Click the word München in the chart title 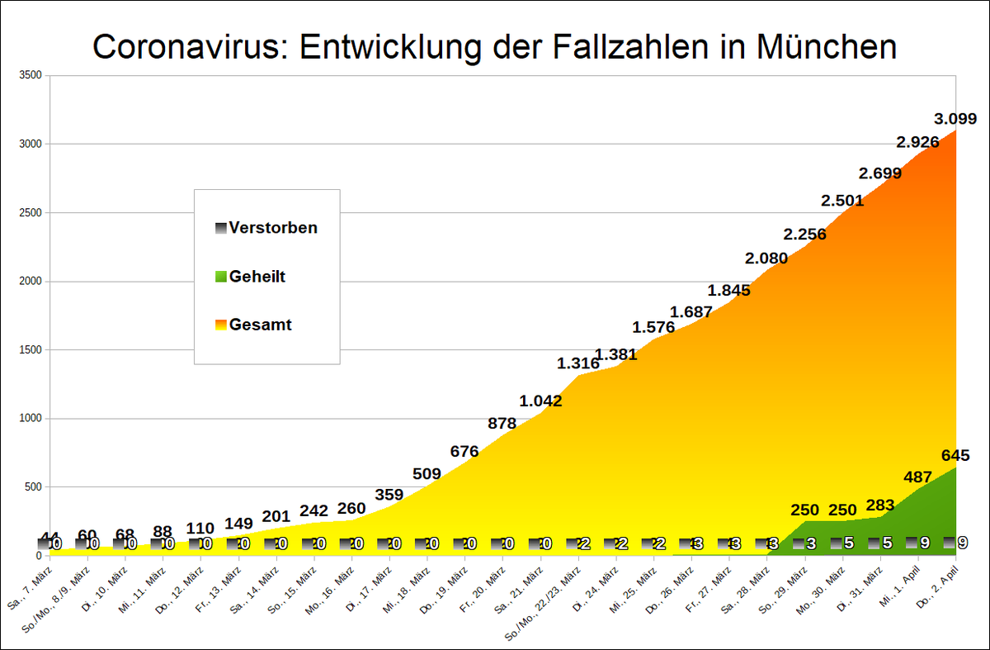(825, 47)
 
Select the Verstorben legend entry (273, 228)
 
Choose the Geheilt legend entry (257, 277)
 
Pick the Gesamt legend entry (260, 325)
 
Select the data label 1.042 (540, 401)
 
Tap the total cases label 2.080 (766, 259)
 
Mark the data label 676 (464, 452)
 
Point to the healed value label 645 (955, 456)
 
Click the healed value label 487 (918, 477)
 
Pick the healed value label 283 (880, 504)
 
